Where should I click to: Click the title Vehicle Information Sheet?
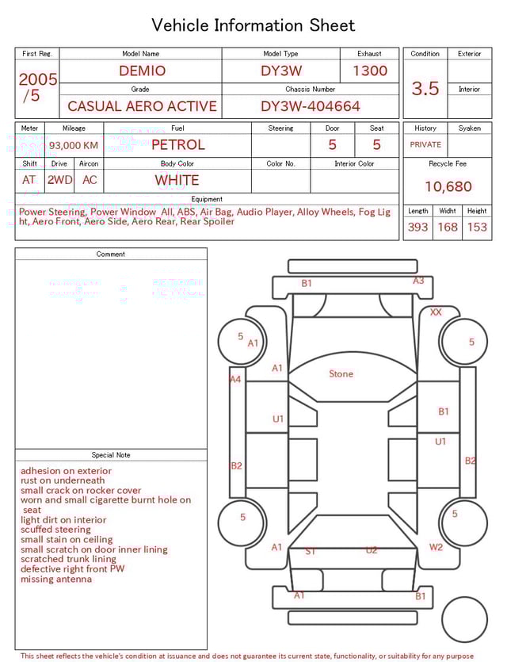click(253, 25)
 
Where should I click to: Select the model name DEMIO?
click(142, 71)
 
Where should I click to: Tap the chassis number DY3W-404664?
click(311, 106)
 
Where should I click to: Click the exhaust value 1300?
click(370, 71)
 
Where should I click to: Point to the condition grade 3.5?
click(425, 89)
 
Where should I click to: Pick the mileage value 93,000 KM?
click(74, 145)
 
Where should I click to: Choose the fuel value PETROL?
click(177, 144)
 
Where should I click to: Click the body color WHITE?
click(177, 180)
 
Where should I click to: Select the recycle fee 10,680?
click(448, 187)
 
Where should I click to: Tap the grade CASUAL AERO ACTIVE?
click(142, 106)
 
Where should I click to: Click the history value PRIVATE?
click(425, 144)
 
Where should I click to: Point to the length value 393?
click(417, 227)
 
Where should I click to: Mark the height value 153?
click(477, 227)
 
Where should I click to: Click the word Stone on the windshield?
click(341, 373)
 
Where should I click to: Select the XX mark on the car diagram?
click(436, 312)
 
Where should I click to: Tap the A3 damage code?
click(418, 281)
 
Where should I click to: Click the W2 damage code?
click(436, 547)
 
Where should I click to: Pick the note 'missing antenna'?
click(56, 579)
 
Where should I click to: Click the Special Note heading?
click(111, 455)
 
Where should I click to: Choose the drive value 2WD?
click(59, 180)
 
